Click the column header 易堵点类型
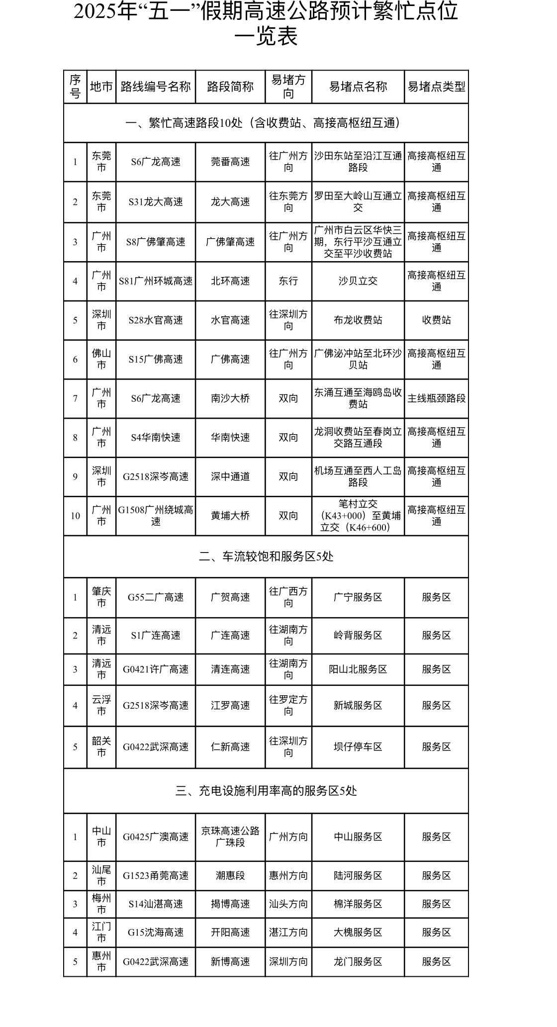[x=436, y=87]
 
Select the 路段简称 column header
[x=230, y=87]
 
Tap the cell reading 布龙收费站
[x=358, y=320]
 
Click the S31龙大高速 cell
[x=156, y=202]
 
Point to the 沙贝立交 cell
[x=358, y=281]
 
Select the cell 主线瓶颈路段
[x=436, y=398]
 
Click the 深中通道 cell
[x=230, y=476]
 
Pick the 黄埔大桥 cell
[x=230, y=516]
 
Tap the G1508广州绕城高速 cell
[x=156, y=516]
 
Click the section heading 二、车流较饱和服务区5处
[x=266, y=557]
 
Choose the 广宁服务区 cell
[x=358, y=597]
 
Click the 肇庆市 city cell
[x=101, y=597]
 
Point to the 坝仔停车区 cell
[x=358, y=747]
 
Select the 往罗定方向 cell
[x=288, y=706]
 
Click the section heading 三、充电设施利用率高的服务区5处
[x=266, y=791]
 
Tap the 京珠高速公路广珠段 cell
[x=230, y=837]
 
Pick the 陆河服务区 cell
[x=358, y=876]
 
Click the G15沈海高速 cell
[x=156, y=933]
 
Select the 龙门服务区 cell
[x=358, y=962]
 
